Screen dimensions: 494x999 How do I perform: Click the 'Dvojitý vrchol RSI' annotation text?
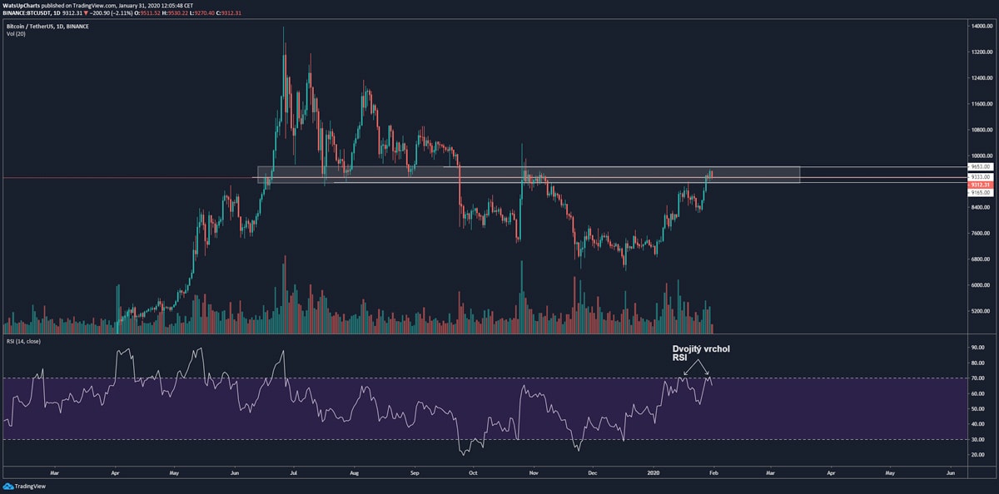701,353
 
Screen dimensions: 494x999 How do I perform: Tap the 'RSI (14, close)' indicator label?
23,341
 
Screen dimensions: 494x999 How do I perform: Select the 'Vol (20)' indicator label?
16,34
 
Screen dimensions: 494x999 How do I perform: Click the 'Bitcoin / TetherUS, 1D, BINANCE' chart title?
47,26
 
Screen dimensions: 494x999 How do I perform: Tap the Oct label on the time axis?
473,472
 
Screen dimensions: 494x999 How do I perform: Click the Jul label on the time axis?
294,472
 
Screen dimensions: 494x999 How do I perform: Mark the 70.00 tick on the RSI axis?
977,378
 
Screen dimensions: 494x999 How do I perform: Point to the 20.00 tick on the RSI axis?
977,455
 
